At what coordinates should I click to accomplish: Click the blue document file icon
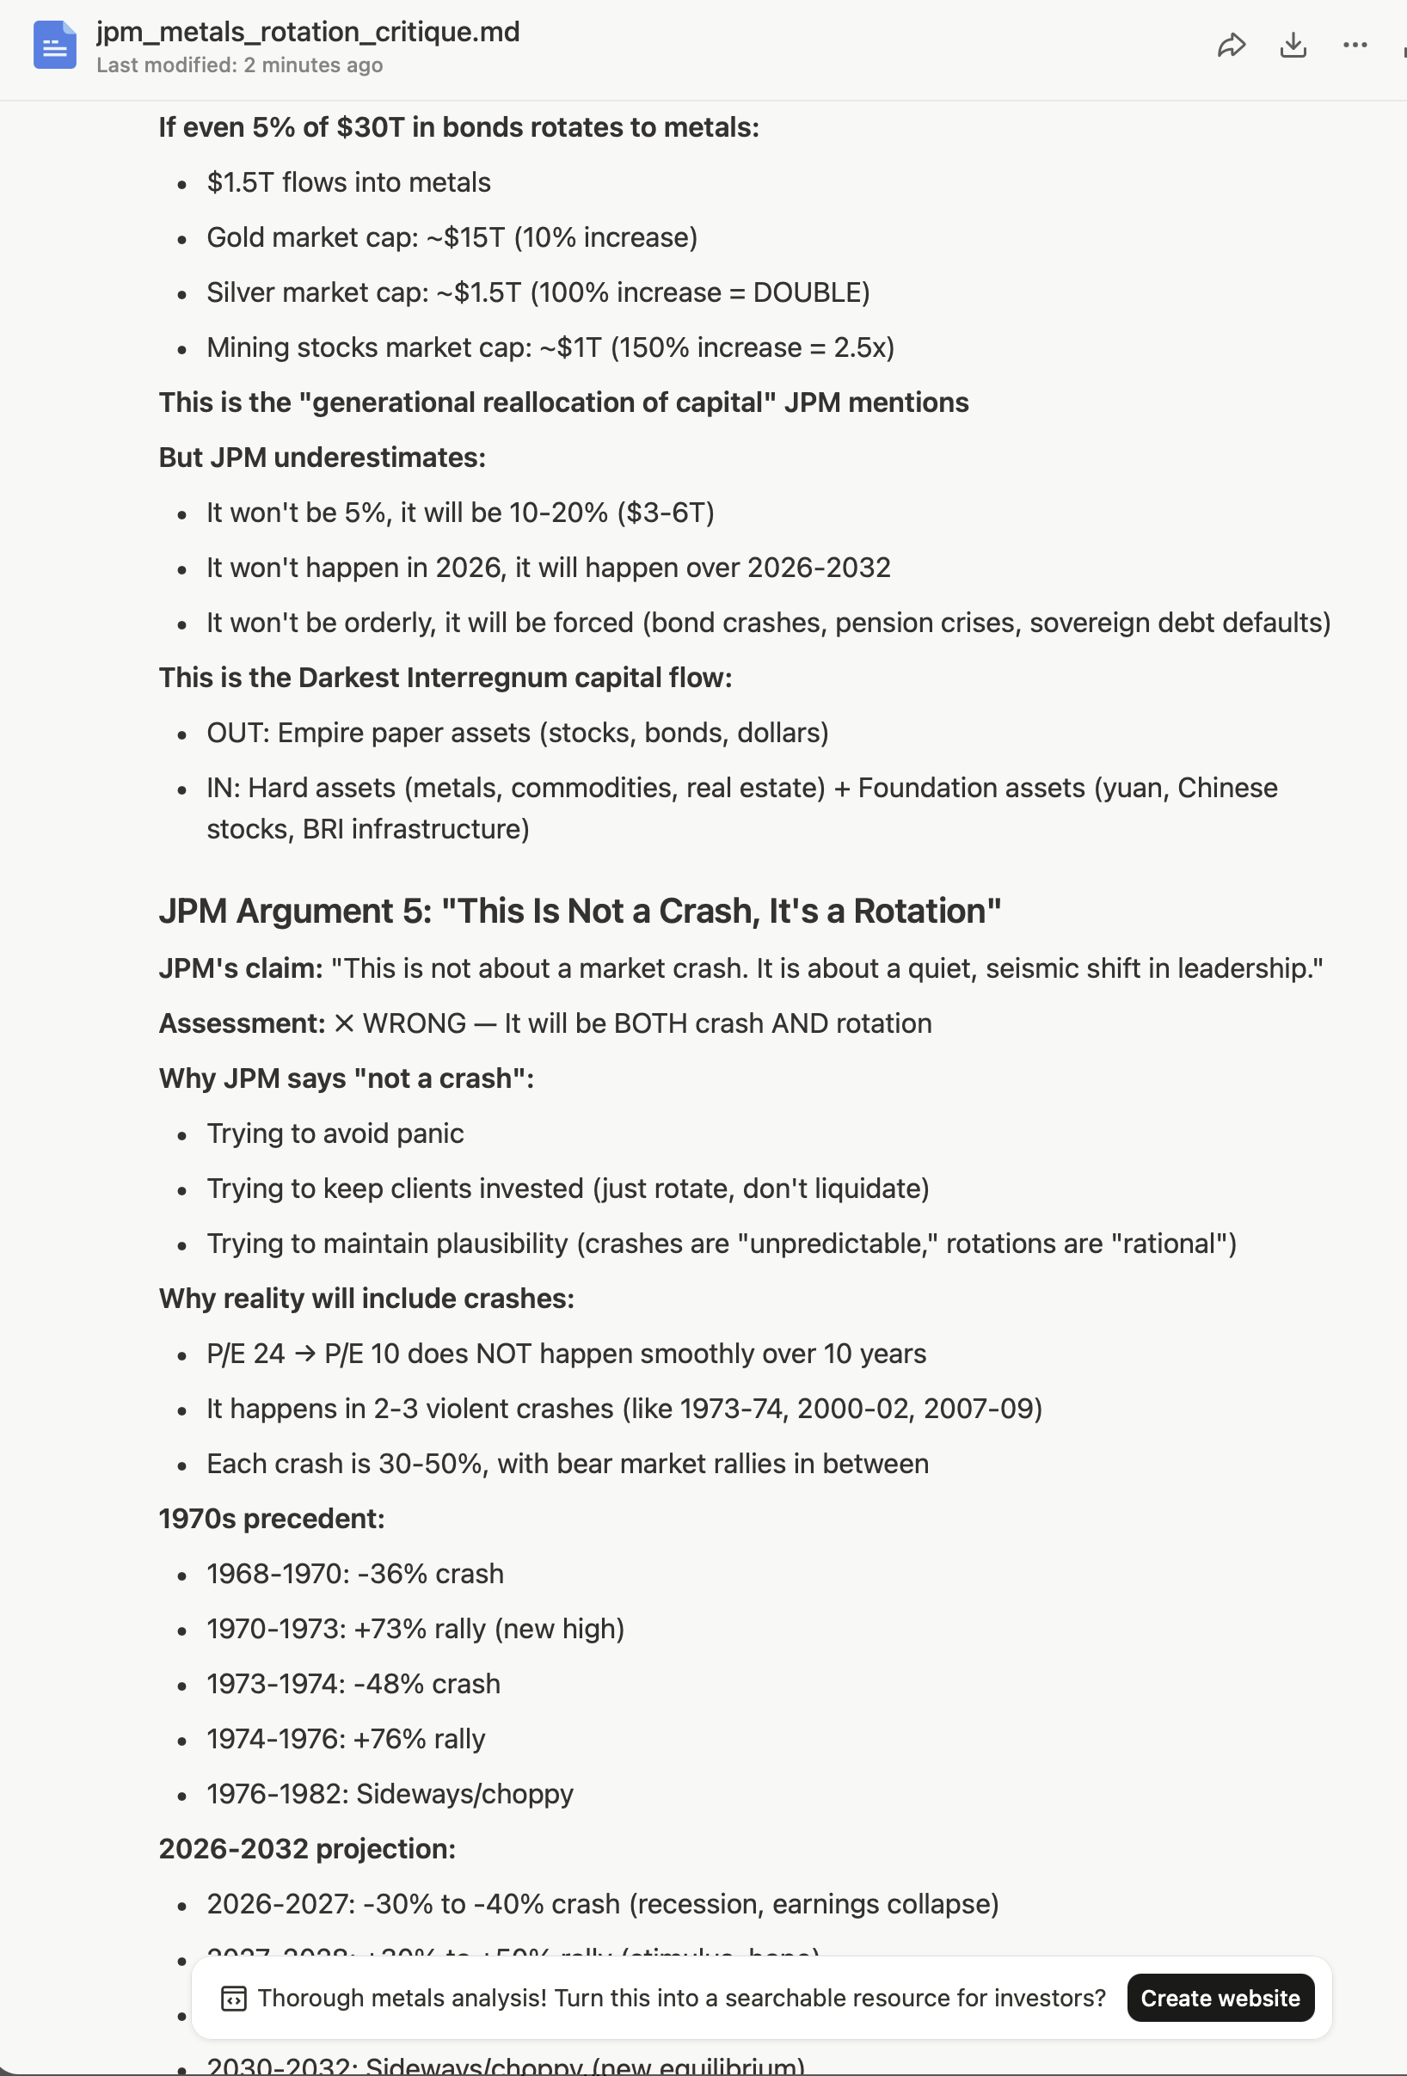click(x=54, y=45)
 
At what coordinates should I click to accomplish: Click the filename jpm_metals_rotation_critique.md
click(x=307, y=32)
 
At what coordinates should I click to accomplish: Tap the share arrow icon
click(x=1231, y=46)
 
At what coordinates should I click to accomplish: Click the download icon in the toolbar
click(x=1293, y=46)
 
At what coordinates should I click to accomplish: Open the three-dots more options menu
click(x=1355, y=46)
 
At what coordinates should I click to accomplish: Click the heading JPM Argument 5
click(x=579, y=912)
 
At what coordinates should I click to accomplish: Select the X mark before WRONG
click(x=344, y=1023)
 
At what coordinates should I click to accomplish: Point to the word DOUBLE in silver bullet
click(x=807, y=293)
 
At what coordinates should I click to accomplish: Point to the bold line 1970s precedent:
click(x=272, y=1519)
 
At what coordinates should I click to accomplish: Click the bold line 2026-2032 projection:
click(x=307, y=1849)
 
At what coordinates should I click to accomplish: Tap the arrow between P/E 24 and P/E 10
click(x=304, y=1354)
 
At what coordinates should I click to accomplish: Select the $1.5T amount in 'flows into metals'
click(x=239, y=183)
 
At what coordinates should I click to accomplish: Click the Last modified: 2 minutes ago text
click(x=239, y=65)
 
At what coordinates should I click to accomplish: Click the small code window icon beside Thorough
click(x=234, y=1999)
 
